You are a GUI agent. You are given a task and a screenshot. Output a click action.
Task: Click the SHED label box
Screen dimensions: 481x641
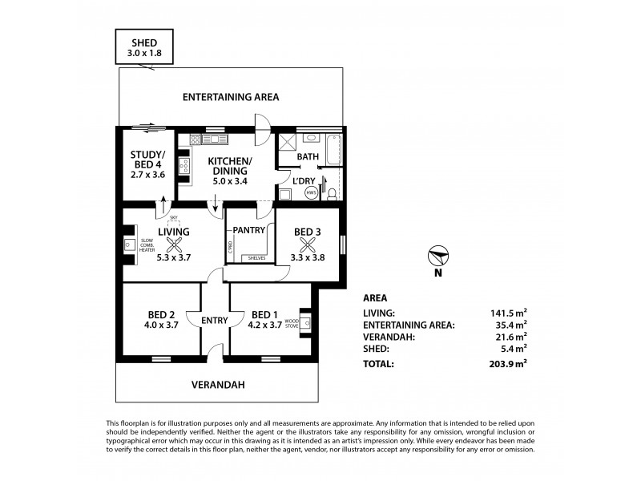point(145,49)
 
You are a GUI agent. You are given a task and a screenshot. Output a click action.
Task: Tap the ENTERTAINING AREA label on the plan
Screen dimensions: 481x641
point(231,97)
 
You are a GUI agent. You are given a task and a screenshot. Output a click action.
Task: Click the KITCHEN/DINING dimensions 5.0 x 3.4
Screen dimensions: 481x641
point(230,182)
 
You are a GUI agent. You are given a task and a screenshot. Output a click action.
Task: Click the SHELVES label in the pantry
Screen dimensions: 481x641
point(256,258)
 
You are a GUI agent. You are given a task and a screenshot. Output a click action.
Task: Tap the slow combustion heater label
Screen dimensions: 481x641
point(147,246)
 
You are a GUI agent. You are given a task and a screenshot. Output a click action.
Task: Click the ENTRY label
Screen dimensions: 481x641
point(215,321)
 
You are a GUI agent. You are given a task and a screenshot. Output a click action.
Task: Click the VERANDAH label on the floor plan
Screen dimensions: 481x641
point(218,385)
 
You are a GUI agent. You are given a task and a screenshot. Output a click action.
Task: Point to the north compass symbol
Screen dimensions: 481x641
point(437,257)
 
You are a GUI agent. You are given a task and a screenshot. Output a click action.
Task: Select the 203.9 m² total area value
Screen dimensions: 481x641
point(510,363)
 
